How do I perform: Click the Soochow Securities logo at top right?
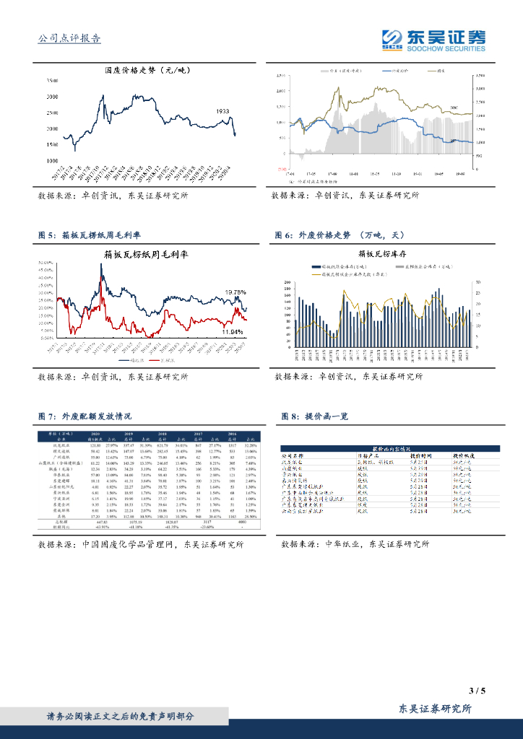(433, 41)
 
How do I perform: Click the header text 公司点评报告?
(69, 40)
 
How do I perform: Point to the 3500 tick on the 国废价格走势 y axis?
(52, 79)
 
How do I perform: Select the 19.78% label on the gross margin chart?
(235, 292)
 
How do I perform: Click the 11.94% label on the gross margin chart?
(233, 331)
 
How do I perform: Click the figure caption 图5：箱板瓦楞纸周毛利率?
(89, 235)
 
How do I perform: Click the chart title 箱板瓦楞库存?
(382, 254)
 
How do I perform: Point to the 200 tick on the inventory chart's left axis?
(288, 281)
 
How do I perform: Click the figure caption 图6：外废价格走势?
(340, 235)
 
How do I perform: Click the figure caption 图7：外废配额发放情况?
(85, 416)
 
